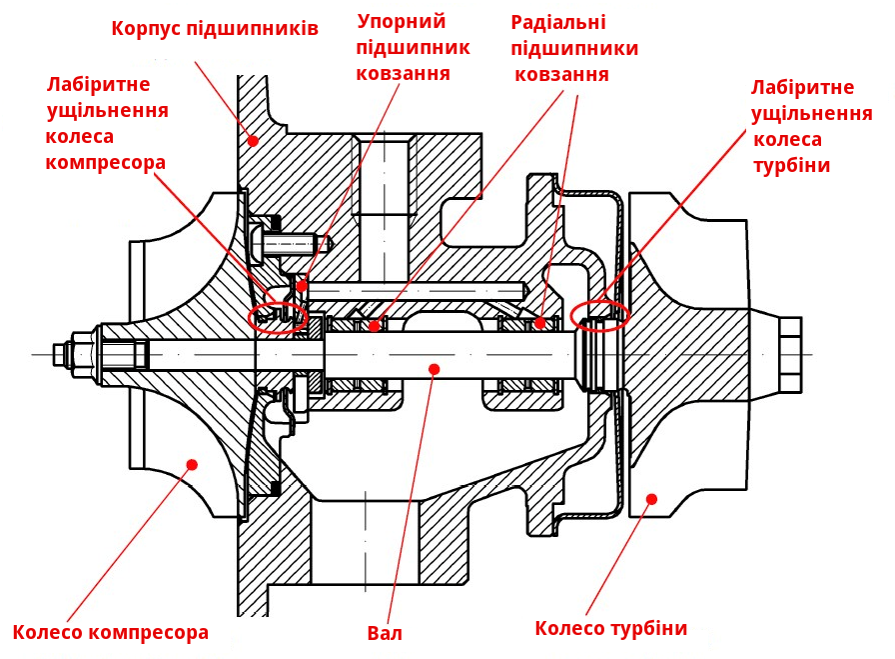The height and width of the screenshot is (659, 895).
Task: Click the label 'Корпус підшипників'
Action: point(215,28)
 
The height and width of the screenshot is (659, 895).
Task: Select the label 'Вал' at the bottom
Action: point(385,633)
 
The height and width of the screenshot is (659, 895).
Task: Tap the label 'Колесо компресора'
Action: point(111,632)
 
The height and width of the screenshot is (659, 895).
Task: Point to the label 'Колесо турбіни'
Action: point(611,628)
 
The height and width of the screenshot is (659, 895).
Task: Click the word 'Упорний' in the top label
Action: point(402,21)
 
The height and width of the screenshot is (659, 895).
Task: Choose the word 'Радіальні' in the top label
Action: point(558,22)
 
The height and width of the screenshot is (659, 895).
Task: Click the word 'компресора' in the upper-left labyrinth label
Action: point(105,161)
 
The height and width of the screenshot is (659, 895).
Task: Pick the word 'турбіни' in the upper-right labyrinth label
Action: point(791,165)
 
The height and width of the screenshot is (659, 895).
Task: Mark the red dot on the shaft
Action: point(434,369)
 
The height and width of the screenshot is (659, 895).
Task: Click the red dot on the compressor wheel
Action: point(192,463)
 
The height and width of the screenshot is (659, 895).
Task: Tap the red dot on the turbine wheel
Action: point(651,498)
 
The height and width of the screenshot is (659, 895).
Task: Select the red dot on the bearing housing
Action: point(253,141)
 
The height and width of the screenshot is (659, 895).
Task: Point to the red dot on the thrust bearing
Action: point(302,286)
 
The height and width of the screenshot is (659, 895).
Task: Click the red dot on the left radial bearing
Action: point(374,325)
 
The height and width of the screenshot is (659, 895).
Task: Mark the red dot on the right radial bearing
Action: point(539,322)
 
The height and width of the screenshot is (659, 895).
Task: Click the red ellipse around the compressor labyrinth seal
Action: point(278,317)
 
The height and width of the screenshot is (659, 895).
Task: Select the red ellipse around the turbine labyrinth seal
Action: point(599,316)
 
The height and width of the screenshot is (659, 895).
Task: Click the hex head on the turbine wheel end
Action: point(789,355)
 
